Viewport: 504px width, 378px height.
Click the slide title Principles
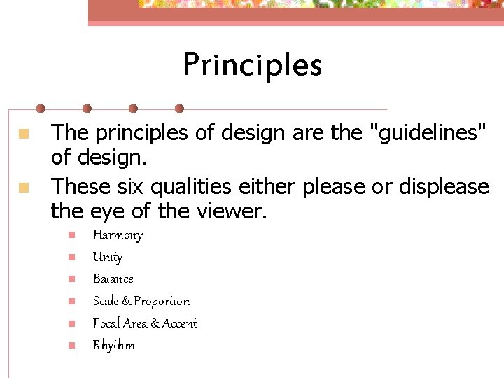point(252,65)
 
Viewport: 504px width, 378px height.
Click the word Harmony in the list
point(118,234)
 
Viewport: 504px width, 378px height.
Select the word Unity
point(107,257)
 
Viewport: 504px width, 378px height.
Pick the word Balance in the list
point(113,279)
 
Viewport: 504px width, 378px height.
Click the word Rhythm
point(113,345)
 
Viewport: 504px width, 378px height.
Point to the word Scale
point(106,301)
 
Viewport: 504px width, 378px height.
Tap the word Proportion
point(162,301)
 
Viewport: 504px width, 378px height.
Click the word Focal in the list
point(106,323)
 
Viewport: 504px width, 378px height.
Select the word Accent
point(180,323)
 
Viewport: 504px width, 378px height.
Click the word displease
point(444,187)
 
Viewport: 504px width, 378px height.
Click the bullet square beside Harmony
point(70,234)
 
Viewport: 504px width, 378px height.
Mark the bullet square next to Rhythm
point(70,345)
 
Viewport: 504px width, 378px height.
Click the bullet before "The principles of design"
point(24,132)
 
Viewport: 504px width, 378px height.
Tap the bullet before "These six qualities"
point(24,187)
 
